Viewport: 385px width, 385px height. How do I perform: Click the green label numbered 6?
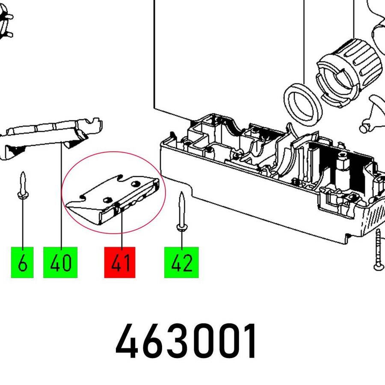(x=22, y=262)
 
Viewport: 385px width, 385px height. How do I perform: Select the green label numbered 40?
(x=60, y=262)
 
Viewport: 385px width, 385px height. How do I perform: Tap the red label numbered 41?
(x=120, y=262)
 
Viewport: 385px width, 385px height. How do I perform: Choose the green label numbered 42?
(x=181, y=262)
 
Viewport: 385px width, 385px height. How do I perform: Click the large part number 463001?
(x=186, y=341)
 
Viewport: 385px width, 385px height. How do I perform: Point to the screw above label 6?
(x=23, y=185)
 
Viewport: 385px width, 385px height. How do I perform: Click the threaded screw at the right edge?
(x=379, y=250)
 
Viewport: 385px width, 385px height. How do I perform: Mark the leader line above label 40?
(x=61, y=194)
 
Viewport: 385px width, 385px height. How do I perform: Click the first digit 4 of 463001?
(x=127, y=341)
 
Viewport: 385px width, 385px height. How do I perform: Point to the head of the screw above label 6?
(x=23, y=195)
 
